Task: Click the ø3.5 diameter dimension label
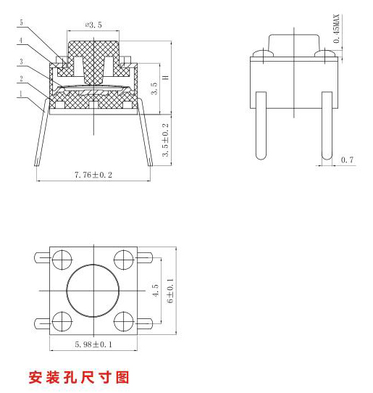tap(93, 25)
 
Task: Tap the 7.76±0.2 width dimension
tap(93, 175)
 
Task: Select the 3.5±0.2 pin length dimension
tap(165, 140)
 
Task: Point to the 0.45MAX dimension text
tap(337, 28)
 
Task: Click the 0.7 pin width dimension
tap(347, 160)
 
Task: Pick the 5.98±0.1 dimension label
tap(93, 344)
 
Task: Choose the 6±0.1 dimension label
tap(170, 291)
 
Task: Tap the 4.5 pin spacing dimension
tap(156, 290)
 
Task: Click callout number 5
tap(21, 22)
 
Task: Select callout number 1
tap(21, 94)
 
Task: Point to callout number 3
tap(21, 62)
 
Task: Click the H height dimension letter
tap(165, 78)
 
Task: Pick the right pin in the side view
tap(327, 125)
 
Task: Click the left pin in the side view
tap(261, 125)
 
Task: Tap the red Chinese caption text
tap(79, 378)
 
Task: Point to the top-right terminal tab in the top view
tap(145, 257)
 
